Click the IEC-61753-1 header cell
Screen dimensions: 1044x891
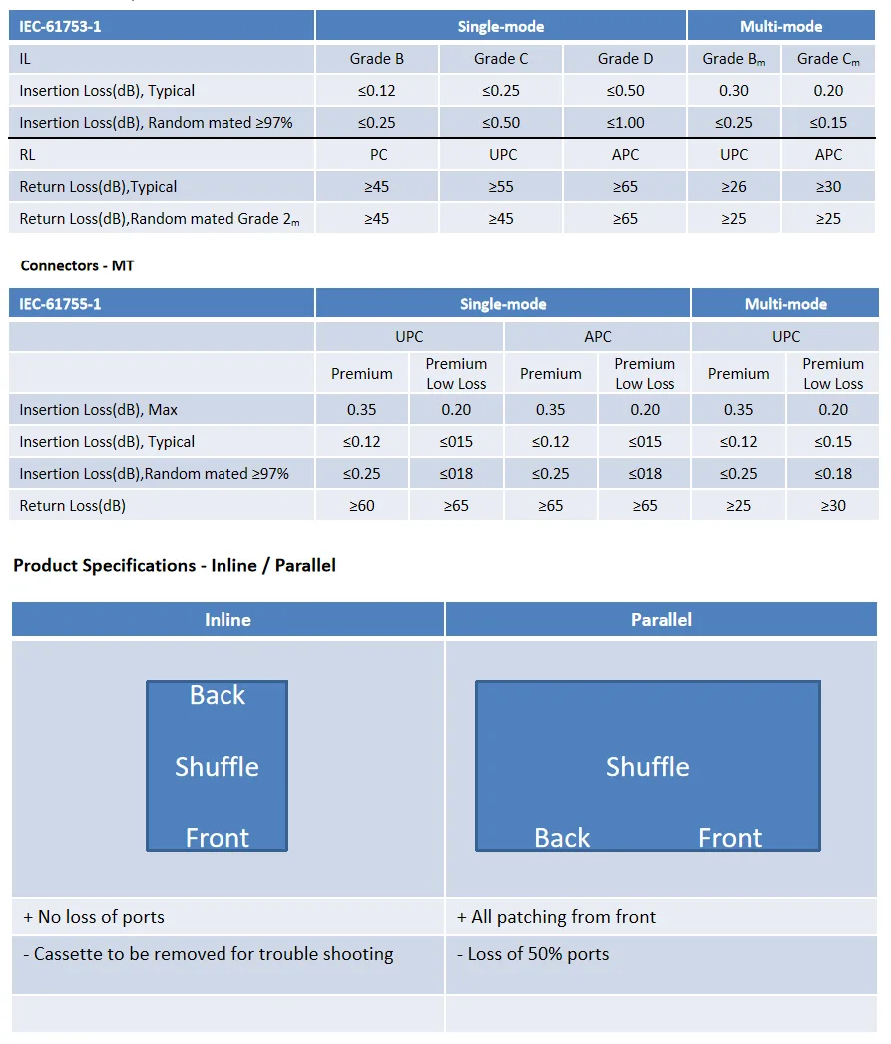tap(61, 27)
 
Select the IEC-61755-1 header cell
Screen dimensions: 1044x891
tap(61, 304)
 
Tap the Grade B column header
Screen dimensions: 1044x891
tap(377, 59)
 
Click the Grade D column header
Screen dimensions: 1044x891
tap(625, 59)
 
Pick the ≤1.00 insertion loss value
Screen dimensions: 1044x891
tap(625, 123)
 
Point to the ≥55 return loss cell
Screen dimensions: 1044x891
tap(501, 187)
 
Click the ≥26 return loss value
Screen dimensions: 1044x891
tap(734, 187)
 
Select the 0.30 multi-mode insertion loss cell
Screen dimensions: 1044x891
tap(734, 91)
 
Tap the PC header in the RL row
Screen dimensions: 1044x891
tap(377, 155)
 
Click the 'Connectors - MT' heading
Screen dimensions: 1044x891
tap(77, 266)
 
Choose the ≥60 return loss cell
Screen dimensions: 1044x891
tap(362, 506)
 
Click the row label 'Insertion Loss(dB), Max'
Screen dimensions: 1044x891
tap(99, 410)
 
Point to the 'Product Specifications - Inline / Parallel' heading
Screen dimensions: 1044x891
tap(175, 566)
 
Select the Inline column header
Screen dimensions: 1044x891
tap(227, 620)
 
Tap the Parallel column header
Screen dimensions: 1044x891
tap(662, 620)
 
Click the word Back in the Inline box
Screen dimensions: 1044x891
tap(218, 696)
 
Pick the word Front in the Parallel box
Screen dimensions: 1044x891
tap(730, 839)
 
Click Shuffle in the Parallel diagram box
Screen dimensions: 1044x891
tap(648, 767)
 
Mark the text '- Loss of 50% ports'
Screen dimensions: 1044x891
tap(533, 954)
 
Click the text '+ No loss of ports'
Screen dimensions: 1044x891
tap(94, 917)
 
